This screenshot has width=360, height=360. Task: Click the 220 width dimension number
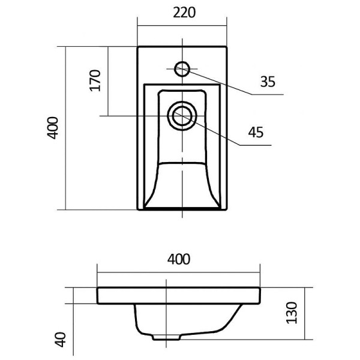183,13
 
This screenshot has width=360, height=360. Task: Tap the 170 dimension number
95,80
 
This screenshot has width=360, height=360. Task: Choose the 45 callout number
256,132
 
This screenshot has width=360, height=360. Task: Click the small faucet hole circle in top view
183,68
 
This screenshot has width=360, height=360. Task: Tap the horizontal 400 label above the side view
178,260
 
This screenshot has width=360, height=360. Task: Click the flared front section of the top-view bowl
182,186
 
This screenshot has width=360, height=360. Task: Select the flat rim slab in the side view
178,295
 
